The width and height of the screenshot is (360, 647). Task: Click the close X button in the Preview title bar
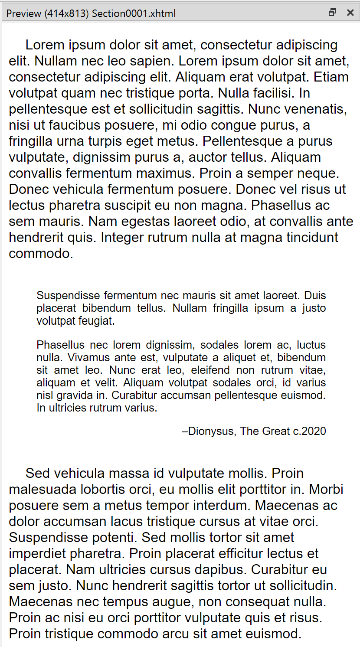350,13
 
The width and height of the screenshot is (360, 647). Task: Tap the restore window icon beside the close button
332,13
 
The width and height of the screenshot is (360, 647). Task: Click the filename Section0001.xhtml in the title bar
134,13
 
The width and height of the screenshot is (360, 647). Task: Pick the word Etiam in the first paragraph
331,77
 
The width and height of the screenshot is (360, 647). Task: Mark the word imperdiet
37,554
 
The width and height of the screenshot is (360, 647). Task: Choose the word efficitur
236,554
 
